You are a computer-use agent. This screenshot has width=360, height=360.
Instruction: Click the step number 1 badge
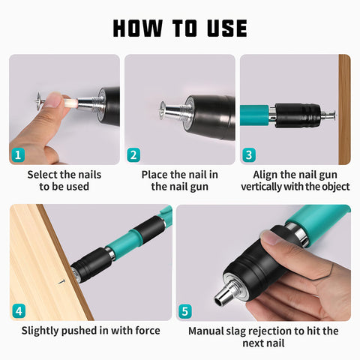(18, 155)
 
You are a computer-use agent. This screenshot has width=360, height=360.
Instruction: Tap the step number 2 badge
(133, 155)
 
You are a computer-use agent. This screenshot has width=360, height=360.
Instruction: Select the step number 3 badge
(249, 155)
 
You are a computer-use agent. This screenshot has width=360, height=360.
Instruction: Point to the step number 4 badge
(19, 311)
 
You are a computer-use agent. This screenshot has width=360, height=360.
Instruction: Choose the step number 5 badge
(185, 311)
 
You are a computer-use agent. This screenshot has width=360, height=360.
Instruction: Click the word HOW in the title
(138, 28)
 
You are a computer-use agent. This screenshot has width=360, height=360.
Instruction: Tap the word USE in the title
(227, 28)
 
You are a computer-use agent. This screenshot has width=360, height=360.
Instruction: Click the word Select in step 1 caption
(42, 175)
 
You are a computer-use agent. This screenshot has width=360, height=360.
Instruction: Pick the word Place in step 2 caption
(154, 175)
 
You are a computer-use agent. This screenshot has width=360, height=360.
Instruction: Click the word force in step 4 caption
(148, 331)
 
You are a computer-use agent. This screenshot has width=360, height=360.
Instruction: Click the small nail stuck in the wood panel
(61, 282)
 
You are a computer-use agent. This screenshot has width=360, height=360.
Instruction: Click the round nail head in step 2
(162, 110)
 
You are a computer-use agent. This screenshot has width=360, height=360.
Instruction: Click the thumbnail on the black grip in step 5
(269, 237)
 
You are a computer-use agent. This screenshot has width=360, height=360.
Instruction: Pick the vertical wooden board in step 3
(344, 109)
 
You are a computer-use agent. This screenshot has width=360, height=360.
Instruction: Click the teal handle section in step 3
(254, 115)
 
